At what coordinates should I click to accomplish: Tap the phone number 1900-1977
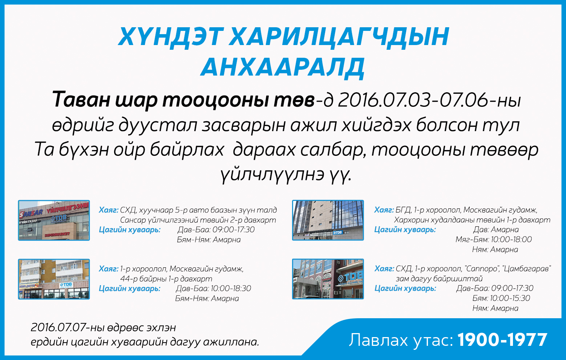(x=502, y=340)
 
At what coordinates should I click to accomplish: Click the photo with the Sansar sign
(x=54, y=220)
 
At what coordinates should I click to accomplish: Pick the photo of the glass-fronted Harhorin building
(x=328, y=220)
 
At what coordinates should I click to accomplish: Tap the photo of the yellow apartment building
(x=54, y=279)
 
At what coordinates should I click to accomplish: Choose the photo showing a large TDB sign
(x=328, y=279)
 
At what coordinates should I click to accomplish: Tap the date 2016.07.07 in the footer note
(x=58, y=327)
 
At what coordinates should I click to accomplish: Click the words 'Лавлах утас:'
(x=401, y=340)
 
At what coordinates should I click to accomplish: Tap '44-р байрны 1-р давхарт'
(x=166, y=279)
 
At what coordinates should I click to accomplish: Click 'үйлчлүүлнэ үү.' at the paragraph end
(x=286, y=175)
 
